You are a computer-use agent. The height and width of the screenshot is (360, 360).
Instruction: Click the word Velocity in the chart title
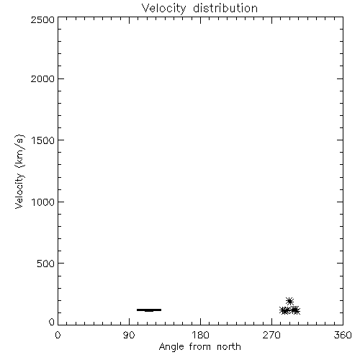point(163,9)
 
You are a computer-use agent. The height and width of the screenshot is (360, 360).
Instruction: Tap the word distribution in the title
point(225,8)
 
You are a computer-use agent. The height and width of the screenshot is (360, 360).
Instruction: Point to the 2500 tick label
point(42,19)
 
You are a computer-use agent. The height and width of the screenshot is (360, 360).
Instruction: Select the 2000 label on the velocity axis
point(42,79)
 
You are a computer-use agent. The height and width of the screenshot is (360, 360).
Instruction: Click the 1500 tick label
point(43,140)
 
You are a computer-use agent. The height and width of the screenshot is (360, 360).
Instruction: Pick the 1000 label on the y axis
point(43,202)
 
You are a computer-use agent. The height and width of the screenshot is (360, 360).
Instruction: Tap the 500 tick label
point(46,264)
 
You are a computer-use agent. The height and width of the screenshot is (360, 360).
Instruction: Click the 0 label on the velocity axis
point(52,322)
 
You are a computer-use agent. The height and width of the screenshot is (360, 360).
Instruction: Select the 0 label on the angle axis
point(58,335)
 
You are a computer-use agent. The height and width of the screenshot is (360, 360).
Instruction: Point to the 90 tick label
point(129,335)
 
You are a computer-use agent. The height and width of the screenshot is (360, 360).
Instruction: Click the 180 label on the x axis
point(200,335)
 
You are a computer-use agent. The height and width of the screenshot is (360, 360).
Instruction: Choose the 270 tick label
point(271,335)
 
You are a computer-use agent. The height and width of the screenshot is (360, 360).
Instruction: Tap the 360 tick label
point(343,335)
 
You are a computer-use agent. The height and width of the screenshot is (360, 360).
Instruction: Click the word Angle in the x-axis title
point(171,347)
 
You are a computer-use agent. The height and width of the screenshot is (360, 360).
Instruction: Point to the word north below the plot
point(229,347)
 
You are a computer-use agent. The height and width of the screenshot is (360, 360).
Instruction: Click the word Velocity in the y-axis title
point(19,191)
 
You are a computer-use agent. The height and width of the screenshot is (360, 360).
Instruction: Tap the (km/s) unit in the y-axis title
point(19,151)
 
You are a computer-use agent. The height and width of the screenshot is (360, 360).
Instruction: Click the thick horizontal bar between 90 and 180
point(149,310)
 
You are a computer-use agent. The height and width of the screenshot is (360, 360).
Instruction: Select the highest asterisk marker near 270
point(290,301)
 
